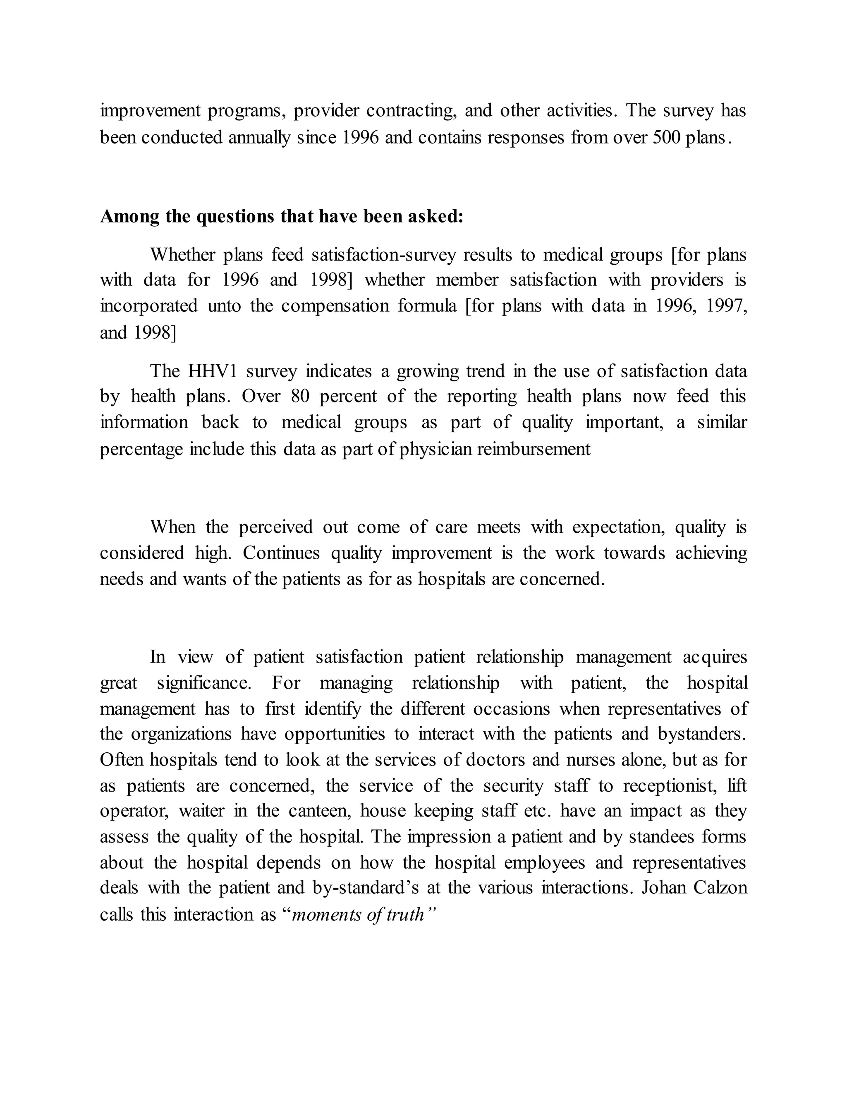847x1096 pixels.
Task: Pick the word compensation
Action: (335, 306)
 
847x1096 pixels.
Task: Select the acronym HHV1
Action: (212, 371)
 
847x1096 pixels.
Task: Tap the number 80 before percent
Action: (299, 397)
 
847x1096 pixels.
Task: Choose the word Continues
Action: (281, 553)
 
